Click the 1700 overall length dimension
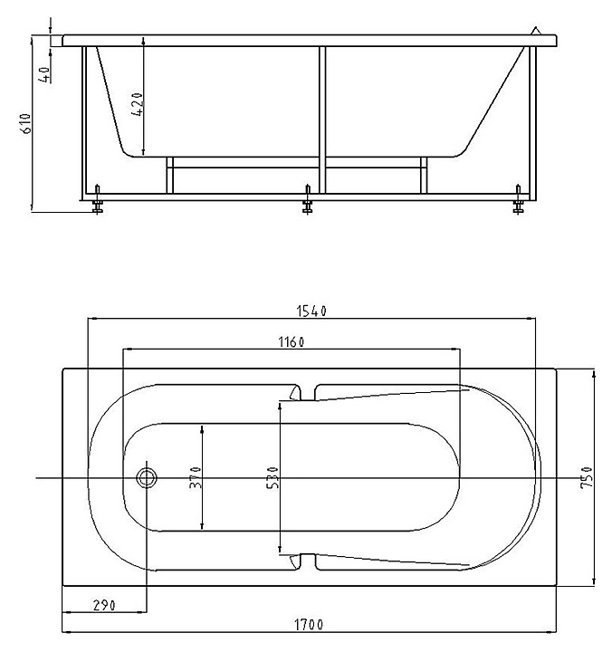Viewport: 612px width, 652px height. pyautogui.click(x=309, y=625)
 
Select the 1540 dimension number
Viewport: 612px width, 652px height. pyautogui.click(x=311, y=311)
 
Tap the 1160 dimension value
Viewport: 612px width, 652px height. pyautogui.click(x=291, y=342)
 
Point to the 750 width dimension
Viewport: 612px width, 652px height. pyautogui.click(x=587, y=477)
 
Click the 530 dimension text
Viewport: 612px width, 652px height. pyautogui.click(x=273, y=477)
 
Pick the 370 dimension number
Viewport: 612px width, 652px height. pyautogui.click(x=195, y=477)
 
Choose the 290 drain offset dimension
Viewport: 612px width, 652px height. pyautogui.click(x=104, y=606)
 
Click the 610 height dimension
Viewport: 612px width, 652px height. pyautogui.click(x=25, y=123)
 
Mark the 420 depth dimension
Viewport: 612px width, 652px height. pyautogui.click(x=137, y=104)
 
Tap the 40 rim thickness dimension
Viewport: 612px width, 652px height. pyautogui.click(x=45, y=74)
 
